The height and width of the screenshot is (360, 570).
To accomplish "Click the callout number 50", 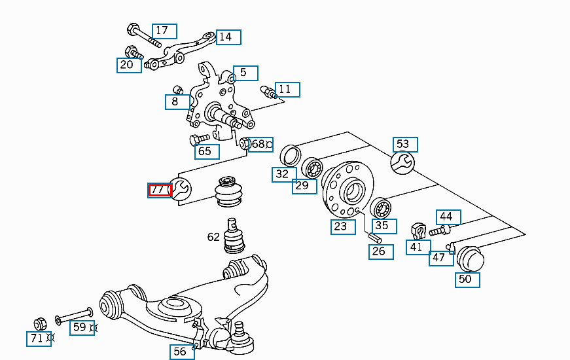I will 468,279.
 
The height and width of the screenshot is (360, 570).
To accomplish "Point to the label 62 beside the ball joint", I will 213,236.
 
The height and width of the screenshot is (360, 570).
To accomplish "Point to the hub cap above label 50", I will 470,259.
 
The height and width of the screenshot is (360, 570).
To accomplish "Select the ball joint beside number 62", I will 234,236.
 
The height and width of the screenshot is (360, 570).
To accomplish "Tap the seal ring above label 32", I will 290,156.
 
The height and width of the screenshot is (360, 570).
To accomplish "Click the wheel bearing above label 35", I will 380,209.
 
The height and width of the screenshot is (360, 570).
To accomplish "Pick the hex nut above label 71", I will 39,323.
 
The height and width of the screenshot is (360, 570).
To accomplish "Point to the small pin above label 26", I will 375,237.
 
